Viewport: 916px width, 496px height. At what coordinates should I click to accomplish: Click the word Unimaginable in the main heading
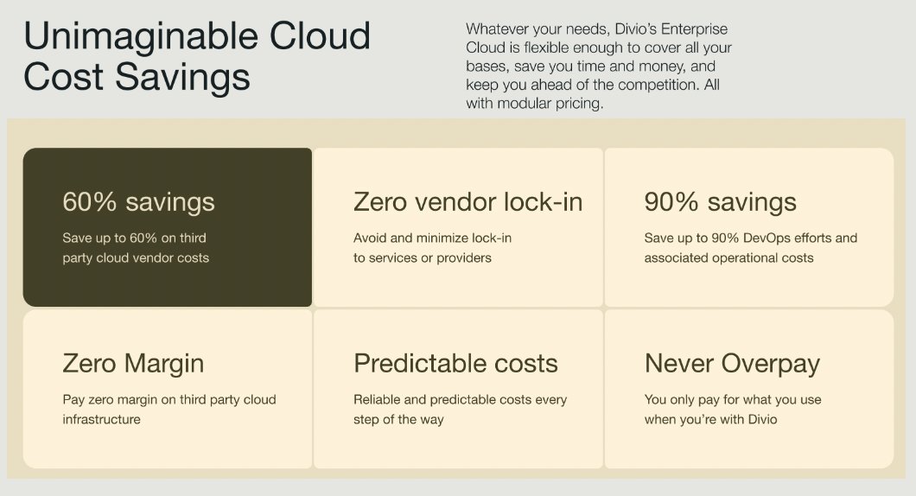point(130,36)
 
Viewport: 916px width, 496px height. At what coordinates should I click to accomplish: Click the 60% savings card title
point(138,202)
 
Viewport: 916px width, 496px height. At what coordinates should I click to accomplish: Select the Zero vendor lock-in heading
point(468,202)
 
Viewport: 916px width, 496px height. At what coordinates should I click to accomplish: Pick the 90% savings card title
point(720,202)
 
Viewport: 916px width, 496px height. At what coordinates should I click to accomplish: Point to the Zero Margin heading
point(133,364)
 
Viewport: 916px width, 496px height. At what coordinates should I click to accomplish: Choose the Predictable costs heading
point(455,364)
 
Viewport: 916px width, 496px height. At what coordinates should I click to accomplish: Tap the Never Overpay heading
point(732,364)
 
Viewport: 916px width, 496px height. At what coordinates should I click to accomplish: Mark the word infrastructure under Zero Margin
point(101,420)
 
